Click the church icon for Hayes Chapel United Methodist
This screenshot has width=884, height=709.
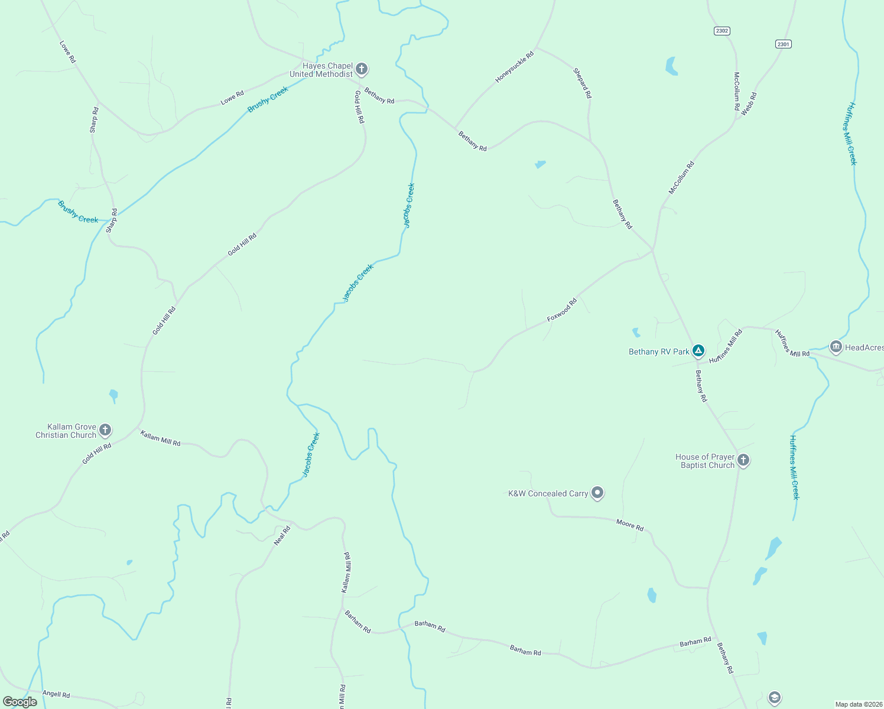pos(362,69)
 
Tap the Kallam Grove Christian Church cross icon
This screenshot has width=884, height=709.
pos(105,430)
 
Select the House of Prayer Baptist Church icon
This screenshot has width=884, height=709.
pos(743,460)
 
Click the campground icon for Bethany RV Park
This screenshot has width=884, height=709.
pos(698,351)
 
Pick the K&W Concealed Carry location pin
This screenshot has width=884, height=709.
pos(597,493)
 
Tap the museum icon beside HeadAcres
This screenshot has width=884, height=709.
pos(836,347)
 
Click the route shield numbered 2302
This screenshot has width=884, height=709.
pos(721,31)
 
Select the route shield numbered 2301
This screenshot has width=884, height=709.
pos(784,44)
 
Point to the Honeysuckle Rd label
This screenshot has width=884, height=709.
pos(514,66)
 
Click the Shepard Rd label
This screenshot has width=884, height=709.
pos(582,83)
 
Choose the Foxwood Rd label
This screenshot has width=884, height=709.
pos(561,310)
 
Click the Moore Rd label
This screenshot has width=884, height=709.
pos(629,524)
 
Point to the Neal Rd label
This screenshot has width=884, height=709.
pos(282,535)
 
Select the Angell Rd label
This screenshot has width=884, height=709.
pos(56,694)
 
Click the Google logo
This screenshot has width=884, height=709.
pos(19,702)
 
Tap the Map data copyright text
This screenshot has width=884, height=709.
pos(858,704)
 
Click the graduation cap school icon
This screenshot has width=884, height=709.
pos(775,698)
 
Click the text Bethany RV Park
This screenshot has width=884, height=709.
pos(659,352)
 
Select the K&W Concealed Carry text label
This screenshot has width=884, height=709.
pos(548,493)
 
